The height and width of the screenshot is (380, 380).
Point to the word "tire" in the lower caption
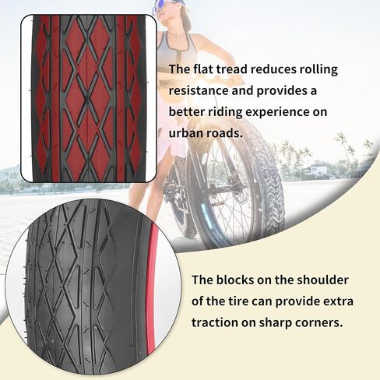237,301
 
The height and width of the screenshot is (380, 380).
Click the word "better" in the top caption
187,112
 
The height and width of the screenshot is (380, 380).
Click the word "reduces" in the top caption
273,69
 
